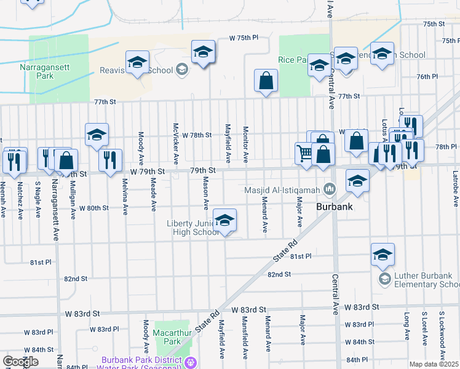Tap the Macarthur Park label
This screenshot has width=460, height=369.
coord(167,336)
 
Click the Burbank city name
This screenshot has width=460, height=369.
coord(334,207)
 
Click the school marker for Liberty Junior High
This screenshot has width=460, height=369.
coord(225,221)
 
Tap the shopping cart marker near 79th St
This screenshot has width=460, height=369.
coord(304,153)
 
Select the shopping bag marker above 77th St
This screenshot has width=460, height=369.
coord(266,81)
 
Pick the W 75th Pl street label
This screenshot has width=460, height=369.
coord(244,38)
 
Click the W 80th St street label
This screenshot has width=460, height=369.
coord(93,208)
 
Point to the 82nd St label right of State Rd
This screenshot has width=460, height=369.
coord(279,274)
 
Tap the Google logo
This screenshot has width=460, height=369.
coord(20,362)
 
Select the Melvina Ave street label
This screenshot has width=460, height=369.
coord(125,196)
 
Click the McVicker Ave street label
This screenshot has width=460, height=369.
coord(176,149)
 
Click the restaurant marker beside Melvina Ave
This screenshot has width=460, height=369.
coord(110,161)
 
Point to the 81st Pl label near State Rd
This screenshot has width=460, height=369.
coord(301,256)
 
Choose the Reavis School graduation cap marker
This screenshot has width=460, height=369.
coord(138,62)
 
